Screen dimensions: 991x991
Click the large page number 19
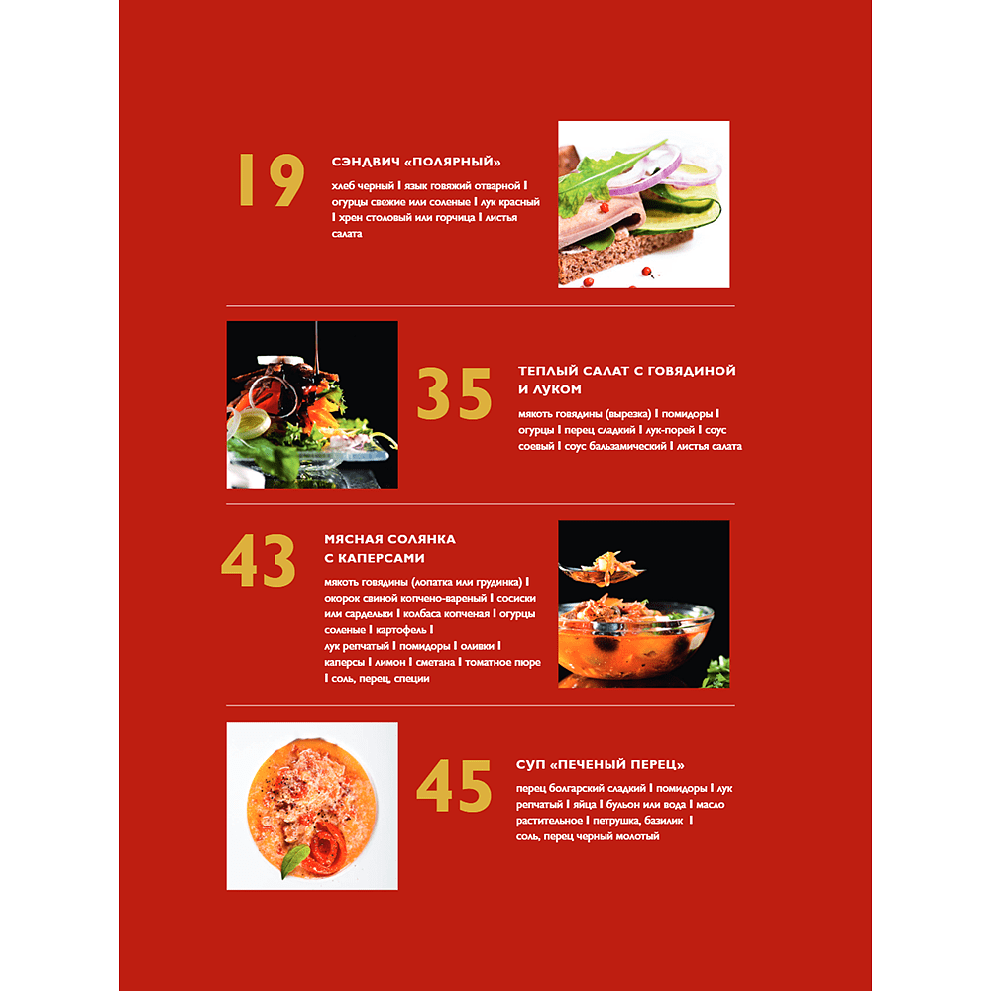[271, 180]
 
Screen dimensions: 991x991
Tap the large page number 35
[454, 394]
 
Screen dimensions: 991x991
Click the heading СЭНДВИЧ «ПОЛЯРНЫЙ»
[416, 163]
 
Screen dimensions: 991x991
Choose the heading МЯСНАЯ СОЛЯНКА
[389, 539]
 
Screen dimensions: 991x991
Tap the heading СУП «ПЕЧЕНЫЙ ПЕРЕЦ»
[601, 765]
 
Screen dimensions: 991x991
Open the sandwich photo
[643, 204]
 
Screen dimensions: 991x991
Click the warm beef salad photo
[312, 404]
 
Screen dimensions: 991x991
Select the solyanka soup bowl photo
[643, 604]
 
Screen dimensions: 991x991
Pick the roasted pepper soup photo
[312, 806]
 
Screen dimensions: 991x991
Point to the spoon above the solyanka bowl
[595, 569]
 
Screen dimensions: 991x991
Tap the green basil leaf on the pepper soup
[294, 864]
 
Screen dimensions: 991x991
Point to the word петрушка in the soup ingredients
[624, 821]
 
